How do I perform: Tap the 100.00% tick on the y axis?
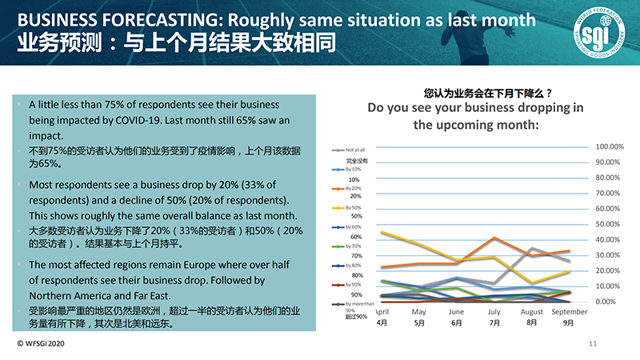point(610,146)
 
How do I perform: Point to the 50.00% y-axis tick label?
point(609,224)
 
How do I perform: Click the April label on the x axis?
point(382,311)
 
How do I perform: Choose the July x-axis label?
point(494,311)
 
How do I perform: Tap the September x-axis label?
point(569,311)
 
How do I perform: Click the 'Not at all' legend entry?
point(354,150)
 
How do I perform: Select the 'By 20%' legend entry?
point(353,188)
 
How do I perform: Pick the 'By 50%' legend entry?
point(353,207)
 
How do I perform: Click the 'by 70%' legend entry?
point(353,246)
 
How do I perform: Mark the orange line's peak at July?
point(495,238)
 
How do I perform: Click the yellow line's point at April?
point(382,233)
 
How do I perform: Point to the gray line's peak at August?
point(532,248)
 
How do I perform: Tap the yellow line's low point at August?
point(532,283)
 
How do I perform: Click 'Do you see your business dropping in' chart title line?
point(475,109)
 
